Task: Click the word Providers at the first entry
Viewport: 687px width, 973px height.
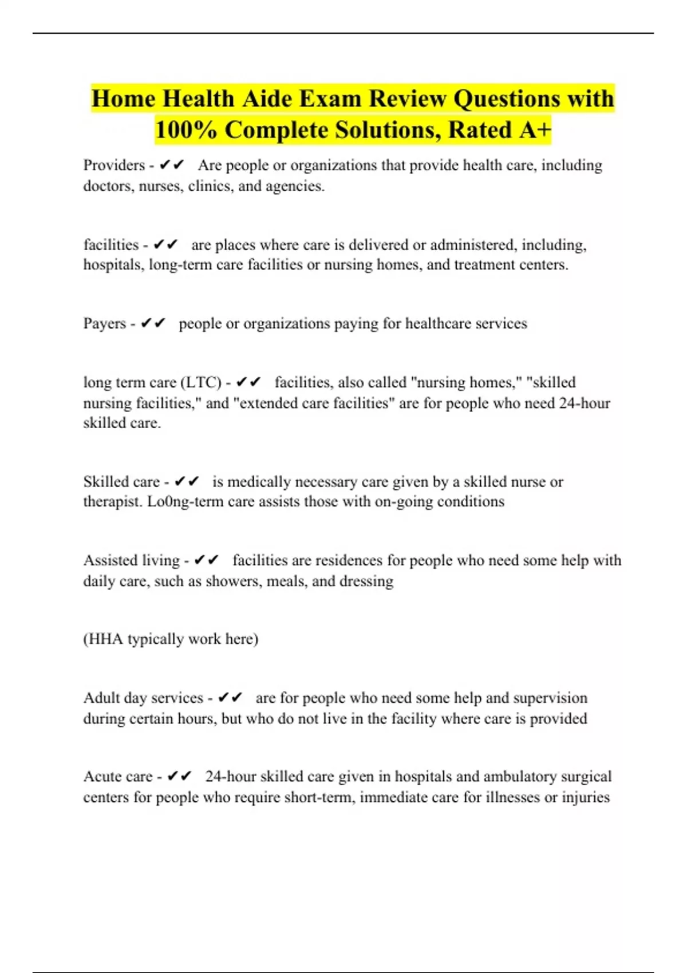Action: point(114,165)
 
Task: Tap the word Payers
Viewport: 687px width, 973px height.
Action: point(105,323)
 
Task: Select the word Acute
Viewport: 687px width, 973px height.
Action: point(101,777)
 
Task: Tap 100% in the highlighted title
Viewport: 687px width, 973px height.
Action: point(185,130)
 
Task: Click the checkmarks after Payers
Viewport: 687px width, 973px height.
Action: point(153,323)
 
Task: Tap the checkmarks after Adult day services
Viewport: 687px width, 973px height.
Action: point(230,698)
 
